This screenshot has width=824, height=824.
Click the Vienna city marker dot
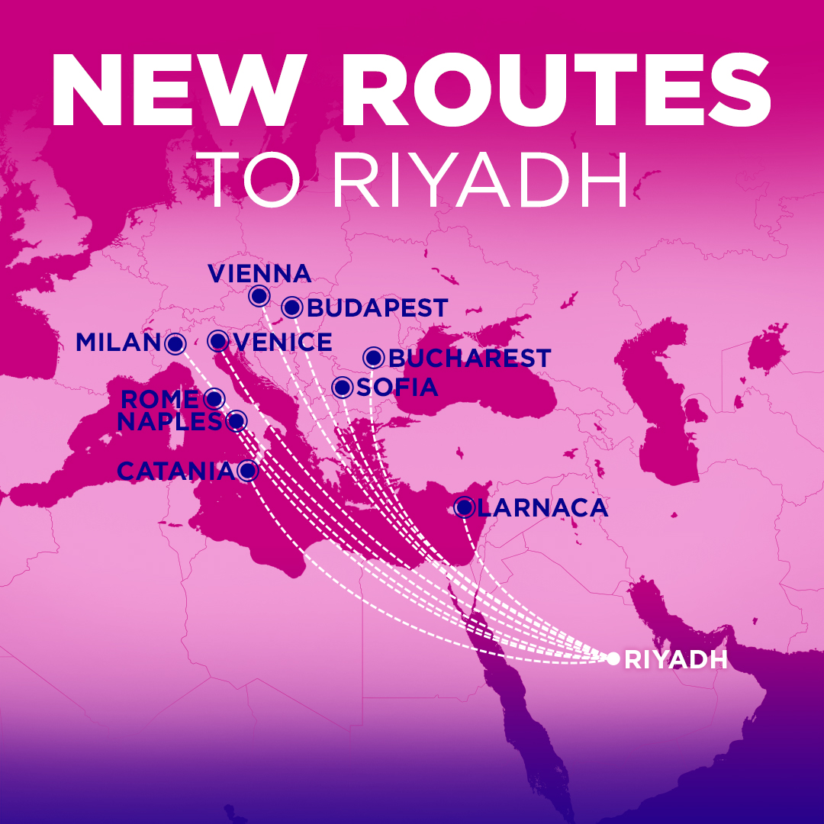coord(259,296)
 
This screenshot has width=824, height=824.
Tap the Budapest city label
coord(377,308)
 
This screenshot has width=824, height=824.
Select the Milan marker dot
coord(175,344)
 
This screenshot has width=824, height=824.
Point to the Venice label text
coord(283,343)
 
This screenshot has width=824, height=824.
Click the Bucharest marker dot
coord(373,357)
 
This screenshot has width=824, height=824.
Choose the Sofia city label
coord(397,388)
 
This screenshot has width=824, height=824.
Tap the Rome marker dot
coord(214,398)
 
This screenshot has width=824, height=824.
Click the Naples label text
coord(169,421)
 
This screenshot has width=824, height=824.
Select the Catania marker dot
coord(246,471)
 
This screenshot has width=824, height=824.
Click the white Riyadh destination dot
coord(613,658)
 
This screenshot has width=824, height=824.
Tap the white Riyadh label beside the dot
coord(676,660)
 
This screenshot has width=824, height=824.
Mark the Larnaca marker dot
coord(464,507)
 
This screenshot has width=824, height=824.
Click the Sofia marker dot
coord(343,388)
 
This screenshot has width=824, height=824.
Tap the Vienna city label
coord(259,273)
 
